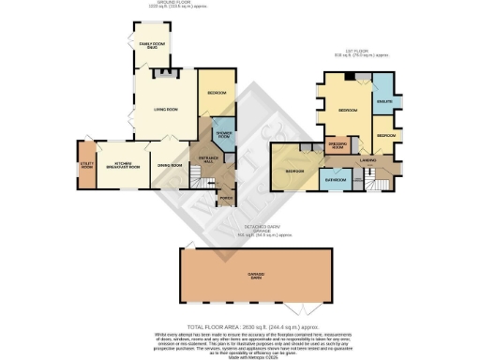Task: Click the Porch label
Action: tap(225, 198)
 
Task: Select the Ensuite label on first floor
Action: tap(383, 99)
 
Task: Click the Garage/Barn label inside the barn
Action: tap(255, 275)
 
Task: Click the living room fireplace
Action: tap(166, 74)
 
